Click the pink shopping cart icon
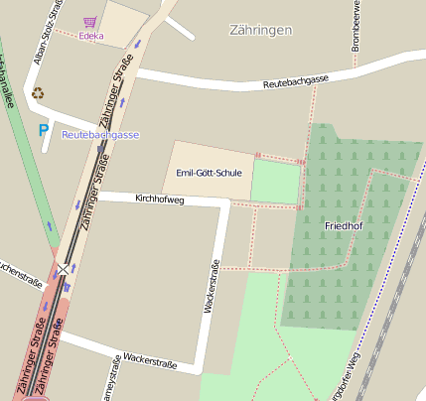(x=90, y=21)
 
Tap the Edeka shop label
(x=91, y=37)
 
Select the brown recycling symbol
(x=38, y=93)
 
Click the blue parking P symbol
(x=43, y=129)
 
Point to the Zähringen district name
(x=260, y=30)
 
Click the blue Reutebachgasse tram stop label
(x=100, y=134)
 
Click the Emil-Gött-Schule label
(x=209, y=173)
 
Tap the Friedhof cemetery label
(x=344, y=227)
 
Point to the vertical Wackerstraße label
(x=212, y=287)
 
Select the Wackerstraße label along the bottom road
(x=150, y=360)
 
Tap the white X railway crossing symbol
(x=65, y=269)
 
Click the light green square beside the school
(x=275, y=183)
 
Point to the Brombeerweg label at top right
(x=355, y=26)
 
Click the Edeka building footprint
(x=121, y=22)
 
